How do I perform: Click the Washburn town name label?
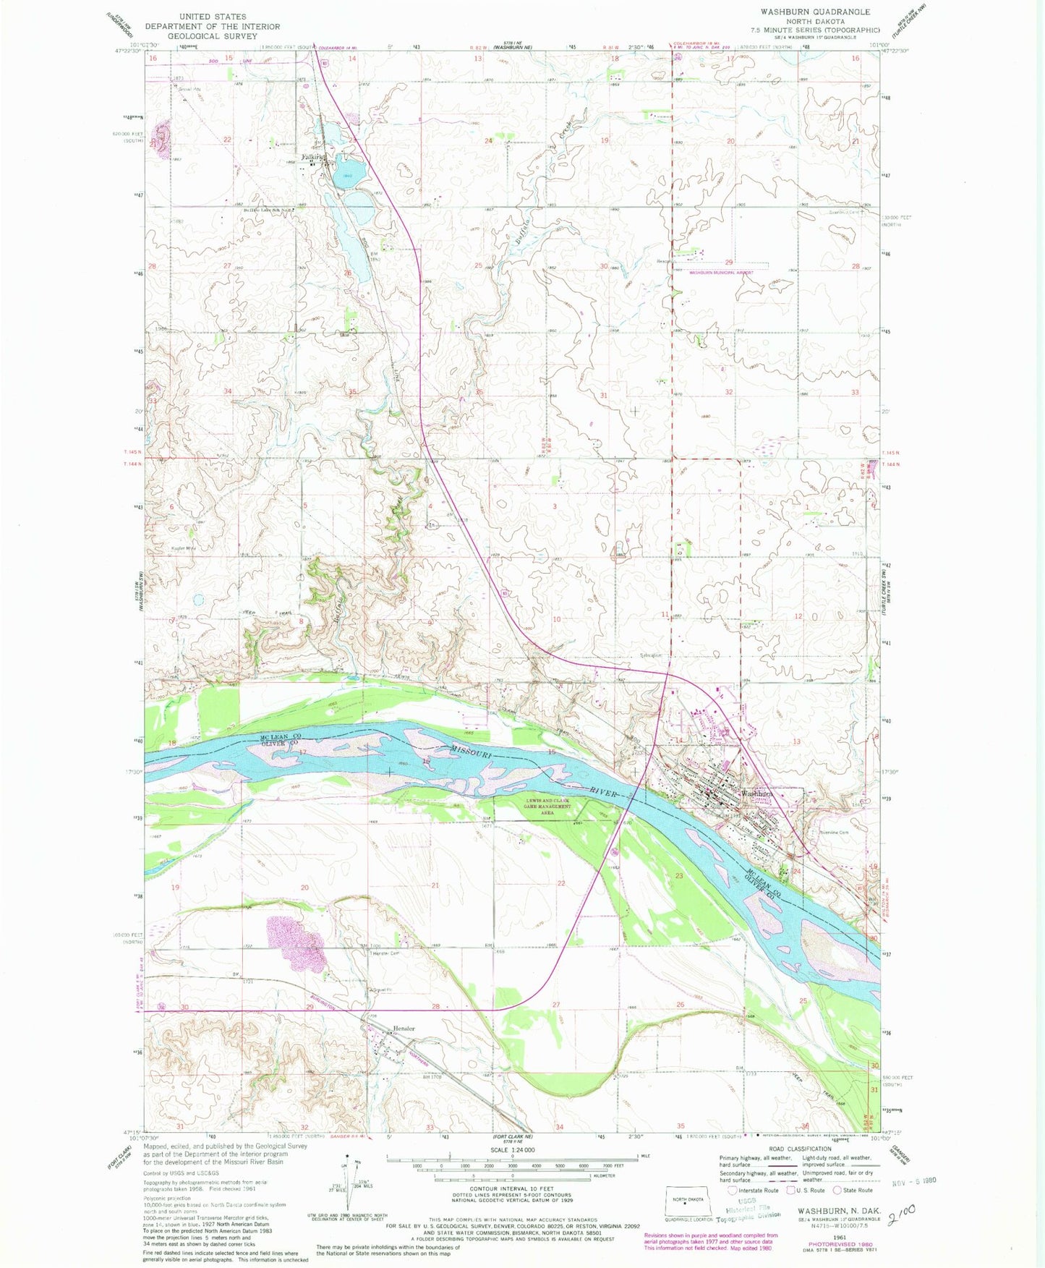pyautogui.click(x=756, y=793)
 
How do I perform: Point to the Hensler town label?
pyautogui.click(x=405, y=1028)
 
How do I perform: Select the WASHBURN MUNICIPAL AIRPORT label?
pyautogui.click(x=720, y=273)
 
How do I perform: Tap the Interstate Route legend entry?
pyautogui.click(x=754, y=1190)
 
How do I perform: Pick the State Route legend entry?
pyautogui.click(x=856, y=1190)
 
